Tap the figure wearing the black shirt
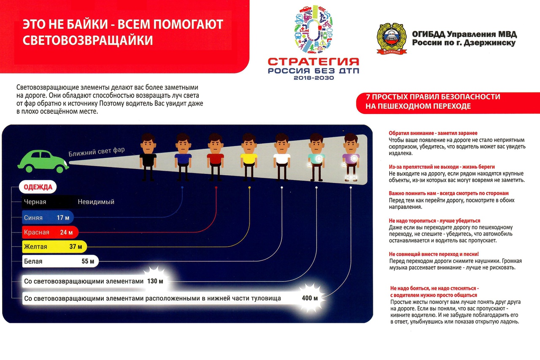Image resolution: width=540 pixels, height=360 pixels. pos(148,156)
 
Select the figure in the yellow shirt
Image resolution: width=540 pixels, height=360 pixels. pos(248,156)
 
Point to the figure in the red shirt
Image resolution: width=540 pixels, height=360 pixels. pos(215,156)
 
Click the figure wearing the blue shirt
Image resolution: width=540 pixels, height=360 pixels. pos(183,156)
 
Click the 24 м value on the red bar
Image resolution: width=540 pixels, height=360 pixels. pos(67,232)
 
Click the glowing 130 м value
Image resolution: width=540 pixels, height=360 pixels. pos(155,281)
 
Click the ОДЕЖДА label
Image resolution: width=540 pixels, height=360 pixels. pos(38,187)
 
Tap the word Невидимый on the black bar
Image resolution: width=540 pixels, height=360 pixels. pos(96,202)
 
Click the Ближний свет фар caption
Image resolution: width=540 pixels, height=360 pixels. pos(97,152)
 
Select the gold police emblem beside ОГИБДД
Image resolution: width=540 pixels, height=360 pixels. pos(391,38)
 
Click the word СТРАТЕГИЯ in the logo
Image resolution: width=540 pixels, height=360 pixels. pos(313,62)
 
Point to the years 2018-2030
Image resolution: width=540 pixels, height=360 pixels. pos(313,78)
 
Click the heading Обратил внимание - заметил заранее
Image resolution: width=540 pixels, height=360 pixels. pos(433,133)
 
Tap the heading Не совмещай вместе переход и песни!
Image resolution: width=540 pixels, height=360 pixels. pos(434,254)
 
